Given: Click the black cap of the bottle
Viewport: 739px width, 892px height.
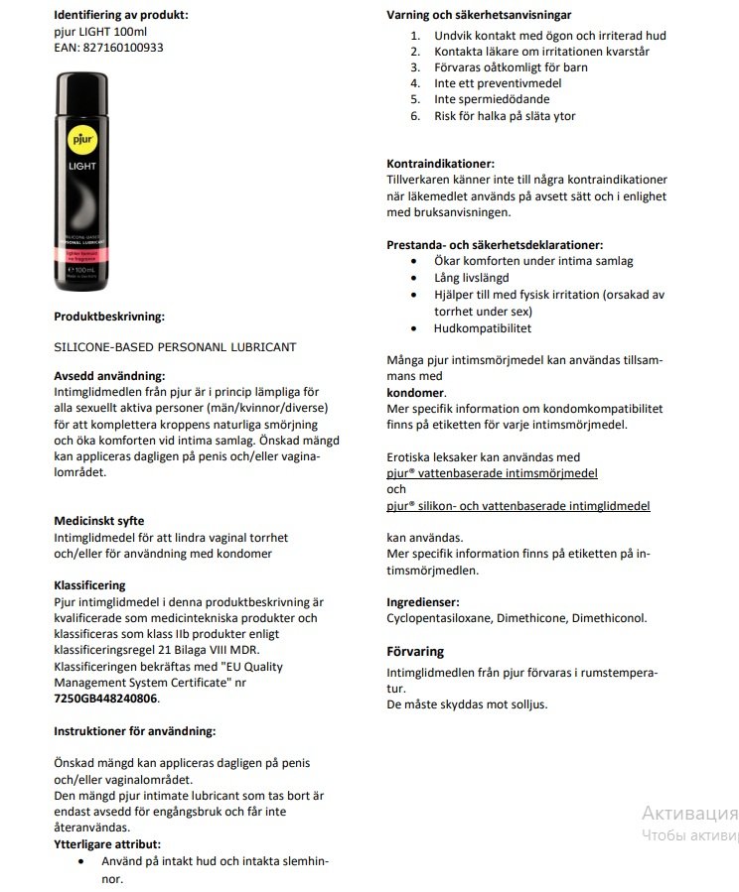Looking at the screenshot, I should pyautogui.click(x=76, y=88).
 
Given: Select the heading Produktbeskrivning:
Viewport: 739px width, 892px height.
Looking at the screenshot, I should pyautogui.click(x=108, y=317).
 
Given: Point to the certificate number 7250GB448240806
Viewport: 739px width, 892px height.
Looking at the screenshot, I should pyautogui.click(x=105, y=698).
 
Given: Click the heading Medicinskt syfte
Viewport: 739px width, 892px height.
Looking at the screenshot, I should pyautogui.click(x=98, y=520).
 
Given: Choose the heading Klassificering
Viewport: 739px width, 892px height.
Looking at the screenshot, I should pyautogui.click(x=89, y=585).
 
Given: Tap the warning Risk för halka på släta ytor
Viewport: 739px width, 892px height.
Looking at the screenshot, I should pyautogui.click(x=505, y=116).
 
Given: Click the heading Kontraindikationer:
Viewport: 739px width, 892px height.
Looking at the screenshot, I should pyautogui.click(x=440, y=164).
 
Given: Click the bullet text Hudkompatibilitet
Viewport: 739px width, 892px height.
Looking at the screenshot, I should pyautogui.click(x=482, y=327).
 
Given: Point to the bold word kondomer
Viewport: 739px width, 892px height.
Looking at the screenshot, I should pyautogui.click(x=415, y=393).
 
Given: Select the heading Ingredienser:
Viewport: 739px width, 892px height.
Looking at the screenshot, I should pyautogui.click(x=422, y=601).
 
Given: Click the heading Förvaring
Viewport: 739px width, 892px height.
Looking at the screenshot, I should pyautogui.click(x=415, y=652).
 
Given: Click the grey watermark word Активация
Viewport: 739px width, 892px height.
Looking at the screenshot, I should pyautogui.click(x=689, y=812).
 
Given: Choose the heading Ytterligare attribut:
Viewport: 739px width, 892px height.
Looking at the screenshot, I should pyautogui.click(x=106, y=843).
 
